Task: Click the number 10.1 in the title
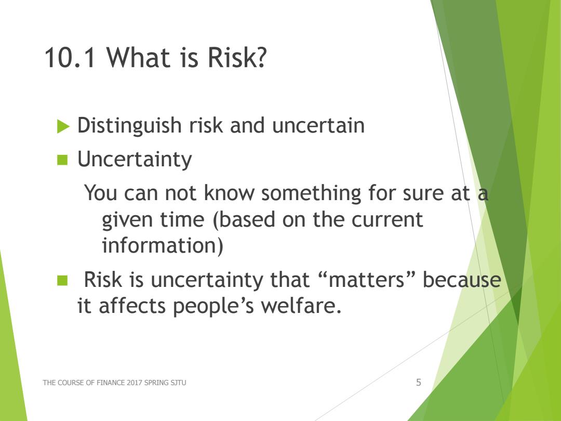coord(70,57)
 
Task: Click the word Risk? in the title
coord(237,57)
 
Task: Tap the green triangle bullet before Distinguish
coord(63,126)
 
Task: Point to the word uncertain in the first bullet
coord(318,126)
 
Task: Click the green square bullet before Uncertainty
coord(62,160)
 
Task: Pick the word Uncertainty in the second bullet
coord(135,160)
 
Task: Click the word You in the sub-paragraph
coord(101,193)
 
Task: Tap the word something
coord(311,193)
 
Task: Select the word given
coord(128,220)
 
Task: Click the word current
coord(387,219)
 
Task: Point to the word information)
coord(163,245)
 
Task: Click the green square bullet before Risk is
coord(62,280)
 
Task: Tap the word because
coord(462,279)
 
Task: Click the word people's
coord(213,307)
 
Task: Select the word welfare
coord(301,306)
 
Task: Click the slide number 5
coord(419,383)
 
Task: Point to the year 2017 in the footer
coord(134,383)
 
